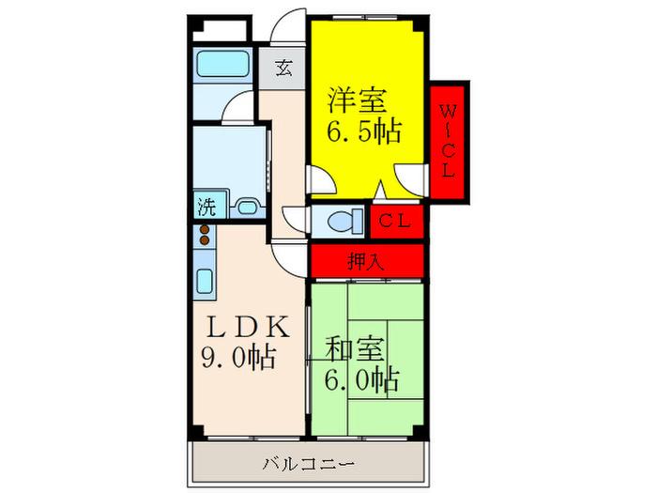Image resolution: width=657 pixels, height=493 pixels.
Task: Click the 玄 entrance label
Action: coord(283,68)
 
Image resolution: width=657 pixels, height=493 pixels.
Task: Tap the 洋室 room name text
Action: coord(357,100)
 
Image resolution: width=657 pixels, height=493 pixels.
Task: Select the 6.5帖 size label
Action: coord(364,131)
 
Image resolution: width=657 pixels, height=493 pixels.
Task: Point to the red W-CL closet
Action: coord(448,141)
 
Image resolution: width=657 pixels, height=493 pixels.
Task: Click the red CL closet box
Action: coord(396,222)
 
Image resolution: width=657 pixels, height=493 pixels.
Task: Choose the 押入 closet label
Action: coord(366,262)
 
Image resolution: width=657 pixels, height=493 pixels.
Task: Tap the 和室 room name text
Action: coord(355,350)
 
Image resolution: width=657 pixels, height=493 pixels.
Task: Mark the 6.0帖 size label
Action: coord(361,379)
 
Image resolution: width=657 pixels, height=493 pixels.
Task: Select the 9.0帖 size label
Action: coord(238,357)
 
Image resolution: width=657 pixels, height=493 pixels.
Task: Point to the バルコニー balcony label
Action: coord(309,464)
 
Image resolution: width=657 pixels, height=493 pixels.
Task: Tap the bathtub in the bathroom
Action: coord(222,64)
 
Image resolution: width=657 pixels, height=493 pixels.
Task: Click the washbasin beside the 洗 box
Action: coord(248,208)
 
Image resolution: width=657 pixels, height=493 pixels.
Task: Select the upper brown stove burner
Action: coord(205,229)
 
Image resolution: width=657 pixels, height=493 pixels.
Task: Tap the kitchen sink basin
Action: coord(205,281)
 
